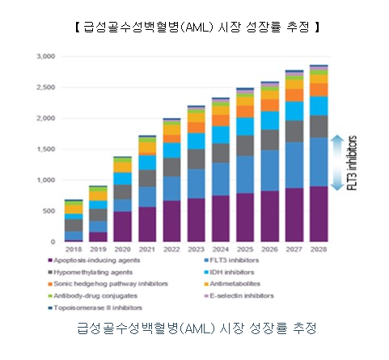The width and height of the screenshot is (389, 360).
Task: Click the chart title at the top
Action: (x=194, y=28)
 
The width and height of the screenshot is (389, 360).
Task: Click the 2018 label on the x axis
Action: (x=74, y=251)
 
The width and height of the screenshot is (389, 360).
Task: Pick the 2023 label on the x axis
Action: (x=197, y=251)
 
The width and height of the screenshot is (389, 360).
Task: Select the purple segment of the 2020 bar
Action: (x=123, y=227)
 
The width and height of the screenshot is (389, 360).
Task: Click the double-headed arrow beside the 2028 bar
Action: (x=343, y=159)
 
